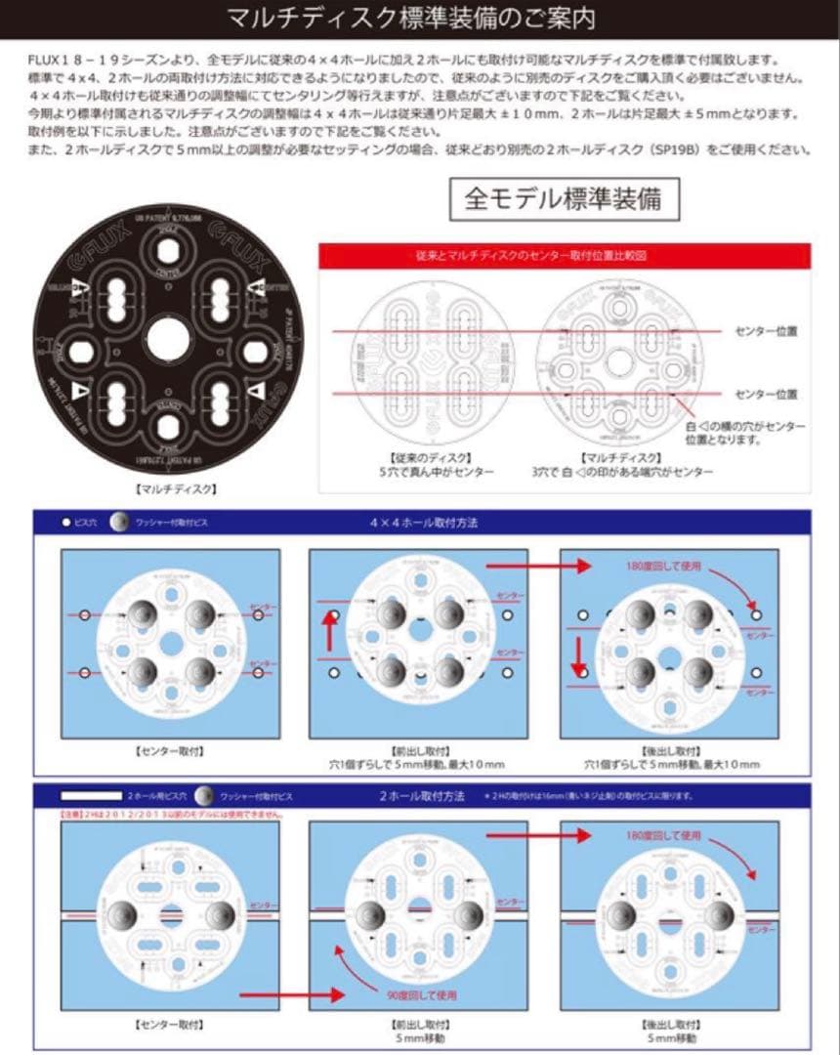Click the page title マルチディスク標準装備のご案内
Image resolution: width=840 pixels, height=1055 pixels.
tap(410, 19)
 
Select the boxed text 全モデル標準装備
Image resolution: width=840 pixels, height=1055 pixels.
tap(563, 198)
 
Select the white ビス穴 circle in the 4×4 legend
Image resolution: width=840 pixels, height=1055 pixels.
tap(66, 523)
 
